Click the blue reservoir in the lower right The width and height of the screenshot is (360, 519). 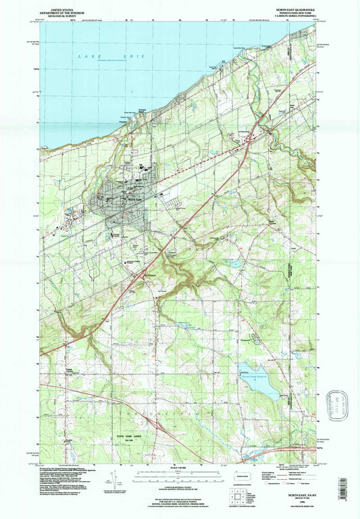(x=257, y=382)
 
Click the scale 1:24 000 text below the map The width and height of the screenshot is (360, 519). (x=179, y=468)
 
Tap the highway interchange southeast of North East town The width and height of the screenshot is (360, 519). (x=144, y=272)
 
